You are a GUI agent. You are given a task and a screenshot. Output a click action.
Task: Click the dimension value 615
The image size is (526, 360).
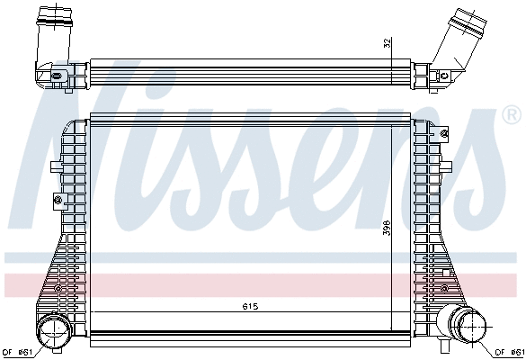point(250,307)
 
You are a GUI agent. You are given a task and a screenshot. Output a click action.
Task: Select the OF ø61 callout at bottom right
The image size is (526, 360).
point(509,351)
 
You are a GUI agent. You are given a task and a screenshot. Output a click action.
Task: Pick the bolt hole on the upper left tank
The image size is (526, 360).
point(57,198)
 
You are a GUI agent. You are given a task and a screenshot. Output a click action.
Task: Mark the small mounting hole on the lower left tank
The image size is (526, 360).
point(59,289)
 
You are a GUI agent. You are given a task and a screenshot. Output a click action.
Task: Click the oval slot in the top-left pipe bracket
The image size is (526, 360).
point(56,76)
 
